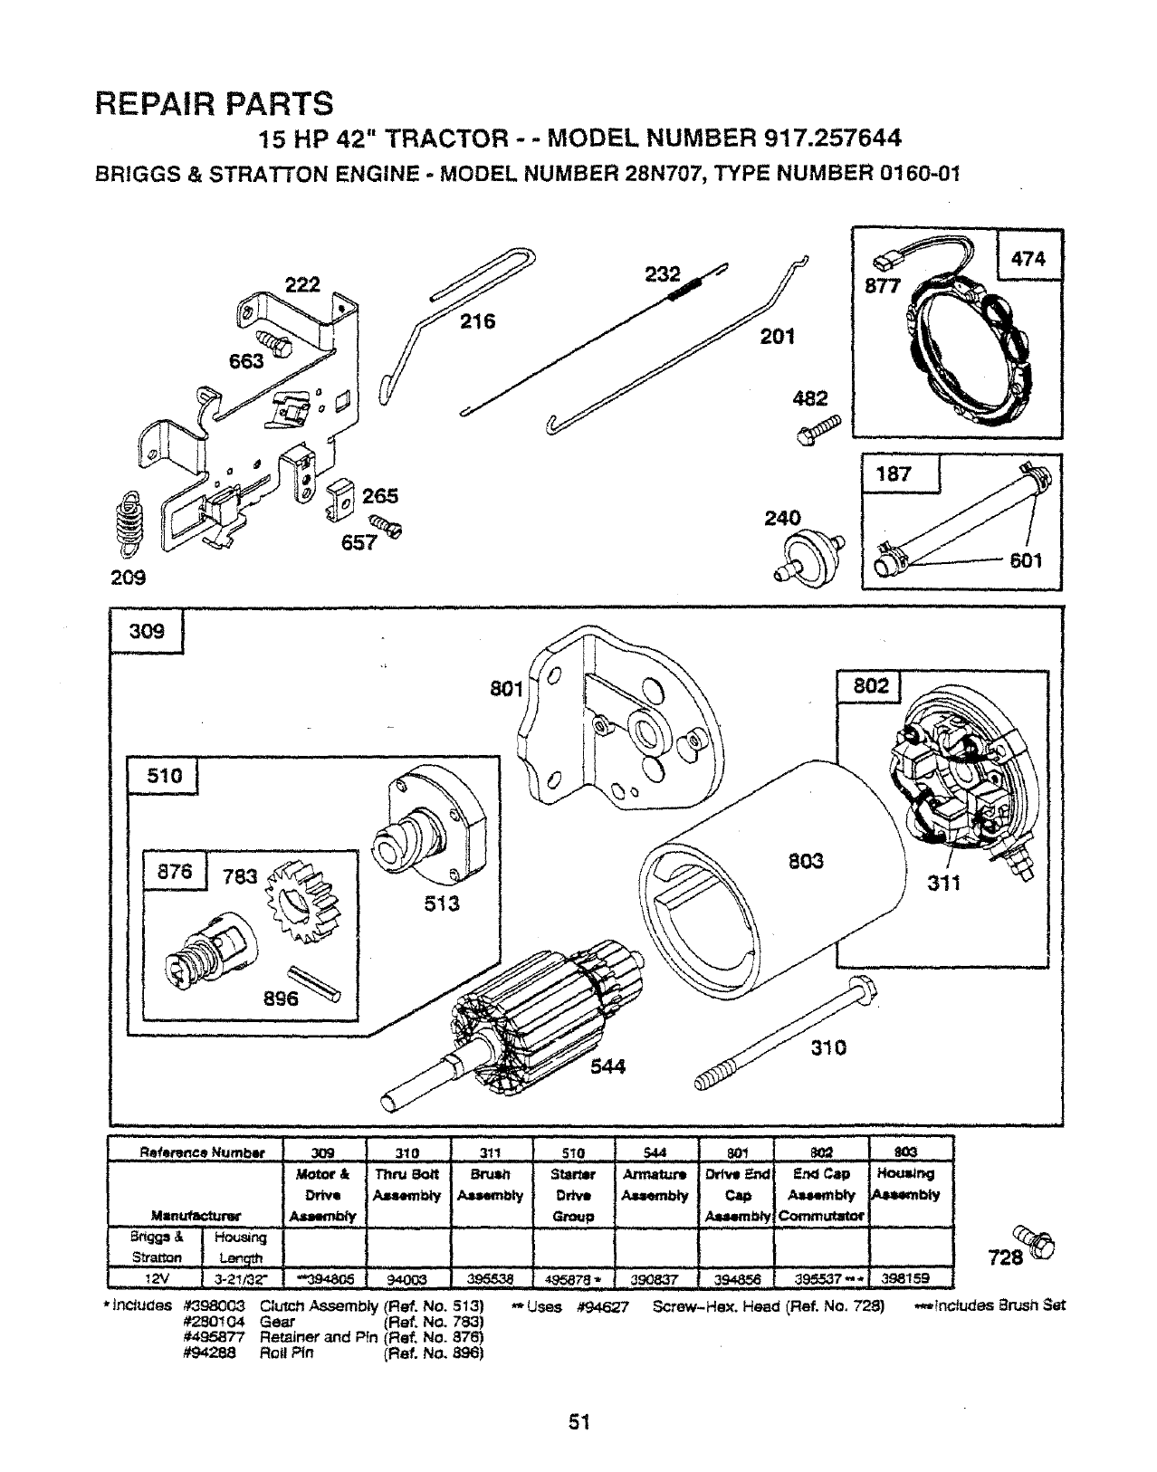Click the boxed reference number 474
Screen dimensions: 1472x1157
[x=1028, y=258]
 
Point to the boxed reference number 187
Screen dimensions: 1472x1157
[x=894, y=473]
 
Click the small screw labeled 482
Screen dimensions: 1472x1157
[x=819, y=430]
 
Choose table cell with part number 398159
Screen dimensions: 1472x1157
[x=911, y=1280]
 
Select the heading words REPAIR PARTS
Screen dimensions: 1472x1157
[x=214, y=103]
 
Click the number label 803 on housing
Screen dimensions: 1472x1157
[x=804, y=860]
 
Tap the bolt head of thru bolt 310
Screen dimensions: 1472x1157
[x=861, y=990]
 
